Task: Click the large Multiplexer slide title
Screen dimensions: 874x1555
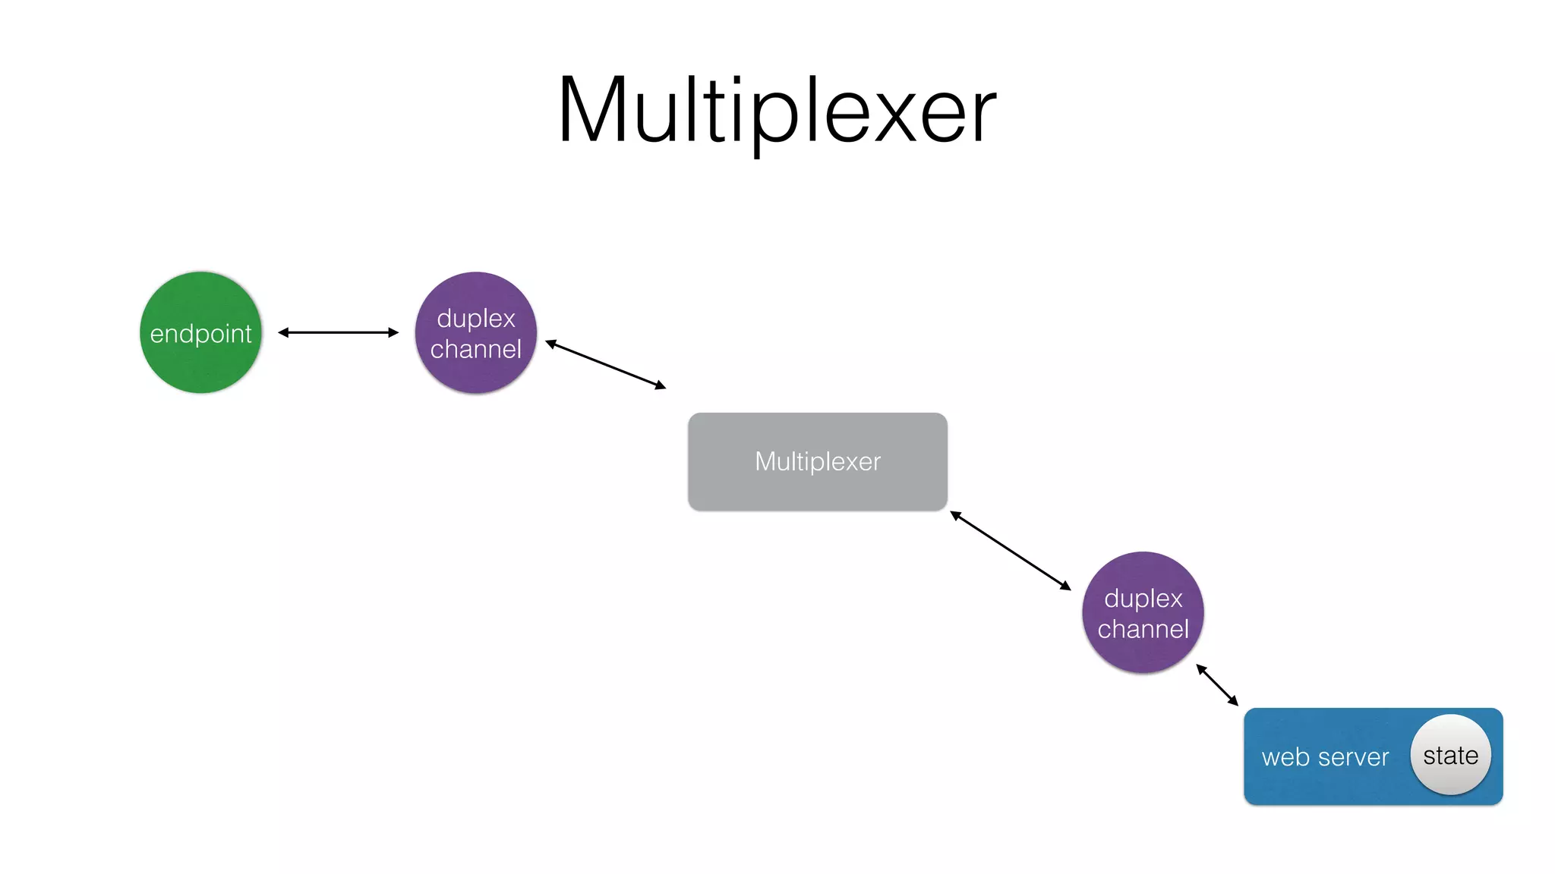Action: click(776, 110)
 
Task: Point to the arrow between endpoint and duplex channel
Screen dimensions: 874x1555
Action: click(338, 332)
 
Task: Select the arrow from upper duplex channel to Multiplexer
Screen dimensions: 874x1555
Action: click(605, 364)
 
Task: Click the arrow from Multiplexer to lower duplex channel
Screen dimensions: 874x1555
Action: click(1010, 551)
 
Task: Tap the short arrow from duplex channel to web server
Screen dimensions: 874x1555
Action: click(1217, 685)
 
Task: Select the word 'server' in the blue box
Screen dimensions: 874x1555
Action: click(1353, 757)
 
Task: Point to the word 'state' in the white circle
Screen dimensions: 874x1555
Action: click(1450, 756)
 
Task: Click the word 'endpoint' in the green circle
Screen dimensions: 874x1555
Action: click(200, 334)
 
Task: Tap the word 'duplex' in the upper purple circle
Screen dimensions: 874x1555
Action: click(476, 319)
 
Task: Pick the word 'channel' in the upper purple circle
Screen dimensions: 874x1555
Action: click(476, 349)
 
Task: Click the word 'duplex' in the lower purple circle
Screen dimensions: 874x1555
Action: click(1143, 599)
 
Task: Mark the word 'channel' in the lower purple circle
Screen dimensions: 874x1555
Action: click(1143, 629)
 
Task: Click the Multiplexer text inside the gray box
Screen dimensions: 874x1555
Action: click(818, 461)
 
